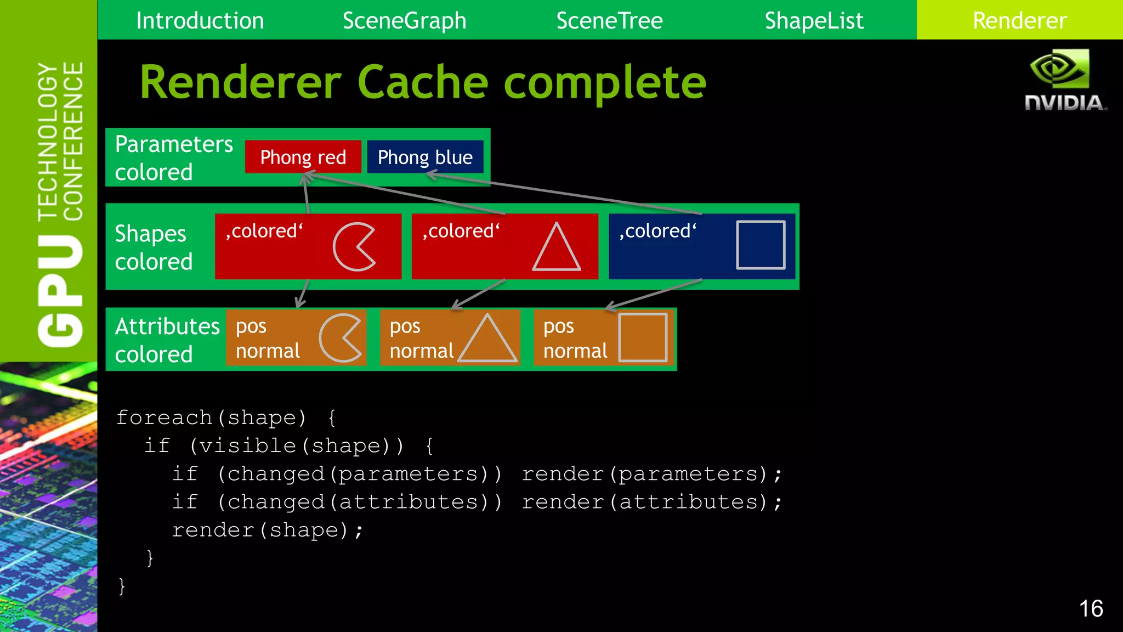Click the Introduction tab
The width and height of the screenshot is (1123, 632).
point(200,21)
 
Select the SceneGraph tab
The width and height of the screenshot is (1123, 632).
point(404,21)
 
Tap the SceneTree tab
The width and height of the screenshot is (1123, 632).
point(609,21)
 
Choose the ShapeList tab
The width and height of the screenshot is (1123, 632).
point(814,21)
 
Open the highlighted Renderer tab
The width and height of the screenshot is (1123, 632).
point(1019,21)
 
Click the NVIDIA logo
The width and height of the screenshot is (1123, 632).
point(1064,80)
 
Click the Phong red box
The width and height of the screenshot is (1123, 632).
point(303,157)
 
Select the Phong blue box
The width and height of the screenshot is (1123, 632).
point(425,157)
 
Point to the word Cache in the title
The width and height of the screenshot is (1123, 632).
point(422,82)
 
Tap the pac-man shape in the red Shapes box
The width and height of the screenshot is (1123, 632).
point(353,247)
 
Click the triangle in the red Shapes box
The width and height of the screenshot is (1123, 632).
point(556,249)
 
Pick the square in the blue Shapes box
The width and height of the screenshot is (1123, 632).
point(761,245)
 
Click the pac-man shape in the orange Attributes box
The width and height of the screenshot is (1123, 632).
point(339,338)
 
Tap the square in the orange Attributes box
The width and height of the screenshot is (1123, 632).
point(643,337)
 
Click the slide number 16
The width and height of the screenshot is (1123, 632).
point(1091,608)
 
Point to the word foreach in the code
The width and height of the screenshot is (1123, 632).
point(163,417)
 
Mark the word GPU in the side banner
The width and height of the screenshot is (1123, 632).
point(60,291)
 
